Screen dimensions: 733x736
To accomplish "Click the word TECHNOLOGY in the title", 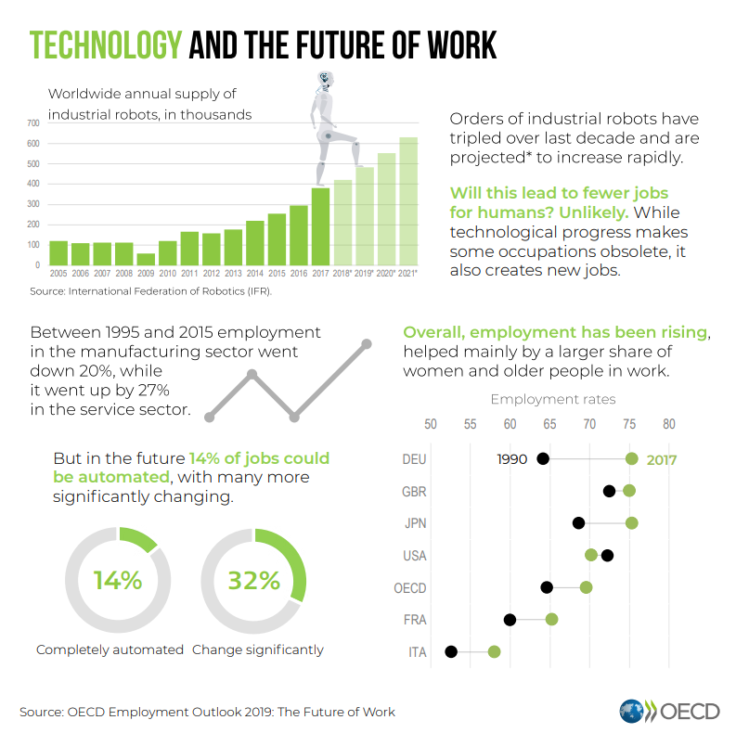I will click(104, 45).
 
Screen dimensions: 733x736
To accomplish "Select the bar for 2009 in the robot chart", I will click(146, 259).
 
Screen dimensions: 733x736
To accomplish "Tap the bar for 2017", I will click(320, 226).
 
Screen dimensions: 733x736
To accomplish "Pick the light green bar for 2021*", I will click(408, 201).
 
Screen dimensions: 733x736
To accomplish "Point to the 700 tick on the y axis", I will click(32, 122).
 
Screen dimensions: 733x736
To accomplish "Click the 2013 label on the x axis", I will click(233, 274).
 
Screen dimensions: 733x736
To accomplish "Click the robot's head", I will click(324, 81).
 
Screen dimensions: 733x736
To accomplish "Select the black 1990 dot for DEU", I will click(543, 458).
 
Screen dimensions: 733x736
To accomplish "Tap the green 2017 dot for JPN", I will click(632, 523).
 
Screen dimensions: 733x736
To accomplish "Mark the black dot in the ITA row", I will click(451, 651).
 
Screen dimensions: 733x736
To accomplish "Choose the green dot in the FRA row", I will click(552, 619).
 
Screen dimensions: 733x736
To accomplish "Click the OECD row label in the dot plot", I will click(410, 588).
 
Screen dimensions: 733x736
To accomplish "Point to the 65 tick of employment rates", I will click(549, 424).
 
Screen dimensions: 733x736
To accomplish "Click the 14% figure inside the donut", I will click(118, 581).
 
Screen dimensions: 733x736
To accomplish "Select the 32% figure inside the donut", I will click(254, 581).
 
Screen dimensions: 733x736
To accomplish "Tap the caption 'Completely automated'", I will click(110, 649).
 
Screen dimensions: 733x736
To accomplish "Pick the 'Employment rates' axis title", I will click(552, 400).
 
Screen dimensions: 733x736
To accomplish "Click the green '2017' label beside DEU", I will click(662, 460).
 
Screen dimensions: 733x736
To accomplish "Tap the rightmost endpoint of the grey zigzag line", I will click(367, 344).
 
